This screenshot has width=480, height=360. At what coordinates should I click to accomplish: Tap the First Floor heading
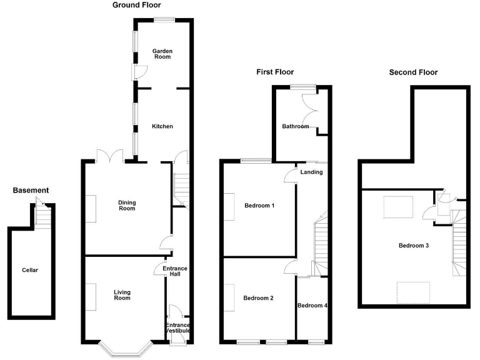pos(275,72)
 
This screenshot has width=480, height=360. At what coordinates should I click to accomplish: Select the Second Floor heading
pos(413,72)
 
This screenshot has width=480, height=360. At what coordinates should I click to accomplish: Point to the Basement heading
pos(31,190)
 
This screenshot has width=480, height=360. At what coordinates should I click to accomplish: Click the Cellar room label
pos(29,270)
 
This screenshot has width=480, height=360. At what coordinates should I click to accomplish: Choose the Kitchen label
pos(162,126)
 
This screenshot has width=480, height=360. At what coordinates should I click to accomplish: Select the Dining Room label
pos(127,206)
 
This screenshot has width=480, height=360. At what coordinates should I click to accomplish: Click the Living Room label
pos(122,295)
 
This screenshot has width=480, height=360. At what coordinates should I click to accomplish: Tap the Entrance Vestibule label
pos(178,327)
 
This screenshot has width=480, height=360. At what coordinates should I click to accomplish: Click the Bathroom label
pos(295,126)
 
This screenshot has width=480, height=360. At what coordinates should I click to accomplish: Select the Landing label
pos(311,172)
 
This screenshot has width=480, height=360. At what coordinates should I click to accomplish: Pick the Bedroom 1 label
pos(259,206)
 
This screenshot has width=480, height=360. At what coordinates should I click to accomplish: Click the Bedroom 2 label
pos(259,298)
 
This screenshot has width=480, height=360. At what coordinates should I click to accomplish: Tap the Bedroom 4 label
pos(312,306)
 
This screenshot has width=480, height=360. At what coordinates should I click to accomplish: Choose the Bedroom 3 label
pos(414,245)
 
